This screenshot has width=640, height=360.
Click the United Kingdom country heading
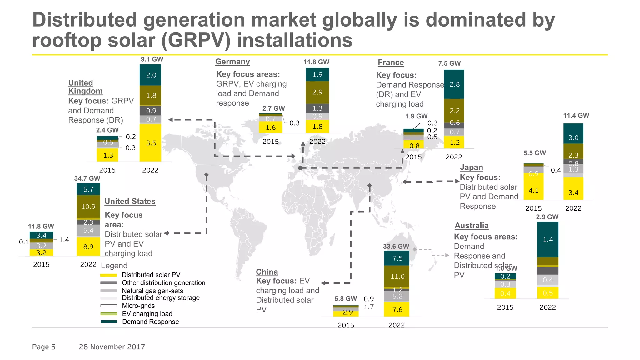click(x=85, y=87)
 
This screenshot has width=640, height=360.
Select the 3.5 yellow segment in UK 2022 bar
click(x=151, y=143)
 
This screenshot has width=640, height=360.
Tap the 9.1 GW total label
click(x=152, y=59)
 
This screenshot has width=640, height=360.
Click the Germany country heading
click(x=232, y=62)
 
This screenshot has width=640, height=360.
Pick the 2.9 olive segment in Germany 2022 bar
click(x=317, y=92)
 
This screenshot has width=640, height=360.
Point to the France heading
click(x=391, y=62)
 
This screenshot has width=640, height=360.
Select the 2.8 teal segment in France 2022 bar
click(x=454, y=84)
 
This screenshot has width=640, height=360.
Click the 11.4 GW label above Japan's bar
click(x=576, y=115)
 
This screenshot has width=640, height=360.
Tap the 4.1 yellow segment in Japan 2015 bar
click(x=533, y=190)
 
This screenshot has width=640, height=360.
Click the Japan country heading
click(x=471, y=167)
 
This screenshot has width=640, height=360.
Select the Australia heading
click(x=471, y=225)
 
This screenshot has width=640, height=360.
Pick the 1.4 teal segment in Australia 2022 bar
click(x=547, y=239)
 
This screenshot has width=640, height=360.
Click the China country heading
click(x=267, y=272)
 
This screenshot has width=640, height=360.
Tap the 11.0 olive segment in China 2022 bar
click(x=397, y=276)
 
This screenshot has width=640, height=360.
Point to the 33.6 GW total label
click(x=396, y=246)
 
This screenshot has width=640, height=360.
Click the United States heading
click(x=130, y=201)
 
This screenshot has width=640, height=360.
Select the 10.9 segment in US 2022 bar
click(x=88, y=207)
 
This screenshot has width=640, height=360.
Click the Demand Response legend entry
click(x=150, y=322)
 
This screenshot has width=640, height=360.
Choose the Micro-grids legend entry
click(x=138, y=306)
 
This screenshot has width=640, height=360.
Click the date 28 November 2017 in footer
click(x=112, y=347)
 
